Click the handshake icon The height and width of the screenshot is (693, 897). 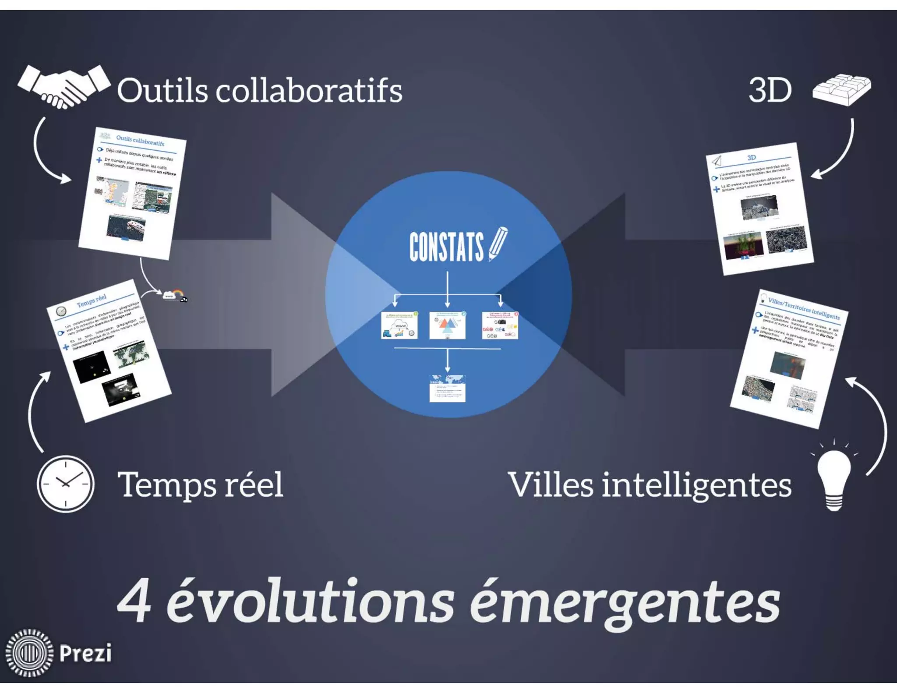[x=64, y=86]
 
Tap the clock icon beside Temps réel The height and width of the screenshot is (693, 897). [x=66, y=484]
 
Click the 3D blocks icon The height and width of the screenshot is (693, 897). [x=841, y=89]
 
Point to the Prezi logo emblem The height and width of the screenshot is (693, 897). [x=29, y=652]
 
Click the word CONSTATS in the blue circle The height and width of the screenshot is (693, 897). [x=446, y=247]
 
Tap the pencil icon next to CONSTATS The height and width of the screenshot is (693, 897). [x=498, y=244]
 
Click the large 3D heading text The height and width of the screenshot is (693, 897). [x=770, y=91]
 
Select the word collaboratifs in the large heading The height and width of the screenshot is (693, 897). [x=309, y=91]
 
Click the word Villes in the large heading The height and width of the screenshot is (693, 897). [x=551, y=485]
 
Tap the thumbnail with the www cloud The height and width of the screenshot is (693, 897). [x=399, y=325]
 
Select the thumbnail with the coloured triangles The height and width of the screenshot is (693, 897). [x=447, y=325]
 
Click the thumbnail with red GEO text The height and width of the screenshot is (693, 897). [x=500, y=325]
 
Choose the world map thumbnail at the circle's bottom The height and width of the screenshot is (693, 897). [x=447, y=389]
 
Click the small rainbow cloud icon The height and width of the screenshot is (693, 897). [x=174, y=295]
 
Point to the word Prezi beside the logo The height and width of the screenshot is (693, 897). [x=85, y=653]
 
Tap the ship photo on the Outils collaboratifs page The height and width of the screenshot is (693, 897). [x=126, y=227]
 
